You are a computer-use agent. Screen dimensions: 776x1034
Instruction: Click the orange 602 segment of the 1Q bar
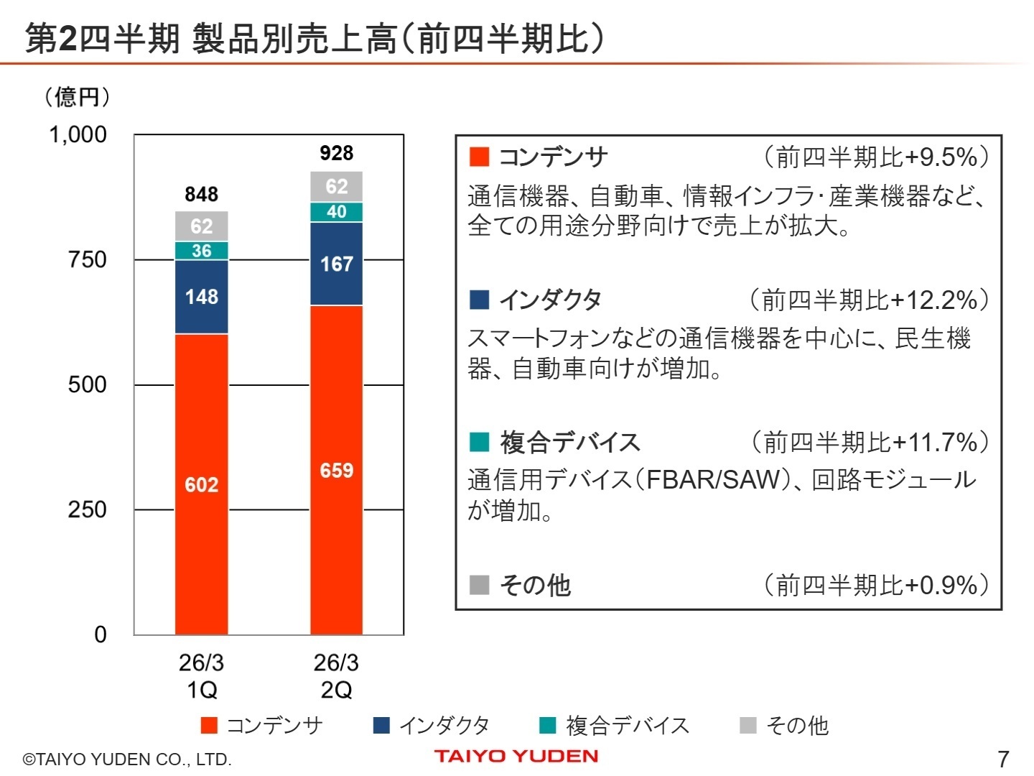(x=202, y=485)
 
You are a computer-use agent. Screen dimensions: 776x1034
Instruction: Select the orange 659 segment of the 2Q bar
(x=336, y=471)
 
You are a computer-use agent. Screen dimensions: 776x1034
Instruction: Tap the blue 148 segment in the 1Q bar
(x=202, y=297)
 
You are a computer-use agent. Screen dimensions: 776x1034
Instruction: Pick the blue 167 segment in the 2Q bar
(x=336, y=264)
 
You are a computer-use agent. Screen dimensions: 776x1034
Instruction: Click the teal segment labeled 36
(x=202, y=251)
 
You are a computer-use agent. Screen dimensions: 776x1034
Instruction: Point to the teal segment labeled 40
(x=336, y=212)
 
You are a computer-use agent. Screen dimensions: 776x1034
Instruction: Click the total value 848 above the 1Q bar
(x=202, y=194)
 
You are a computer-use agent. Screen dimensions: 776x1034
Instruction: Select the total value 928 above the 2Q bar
(x=336, y=153)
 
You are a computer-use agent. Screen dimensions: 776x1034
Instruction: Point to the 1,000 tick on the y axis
(x=78, y=134)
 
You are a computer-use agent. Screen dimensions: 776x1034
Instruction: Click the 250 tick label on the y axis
(x=87, y=509)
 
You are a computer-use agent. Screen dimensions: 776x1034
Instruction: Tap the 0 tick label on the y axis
(x=100, y=634)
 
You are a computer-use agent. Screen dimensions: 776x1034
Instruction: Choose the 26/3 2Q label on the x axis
(x=336, y=675)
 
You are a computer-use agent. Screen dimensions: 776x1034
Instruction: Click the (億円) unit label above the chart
(x=78, y=96)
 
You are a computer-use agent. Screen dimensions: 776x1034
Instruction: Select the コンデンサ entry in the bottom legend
(x=262, y=726)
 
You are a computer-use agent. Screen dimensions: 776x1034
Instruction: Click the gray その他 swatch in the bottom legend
(x=748, y=726)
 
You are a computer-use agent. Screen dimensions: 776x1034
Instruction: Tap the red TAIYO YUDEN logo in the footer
(x=516, y=756)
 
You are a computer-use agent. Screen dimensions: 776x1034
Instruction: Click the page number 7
(x=1003, y=759)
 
